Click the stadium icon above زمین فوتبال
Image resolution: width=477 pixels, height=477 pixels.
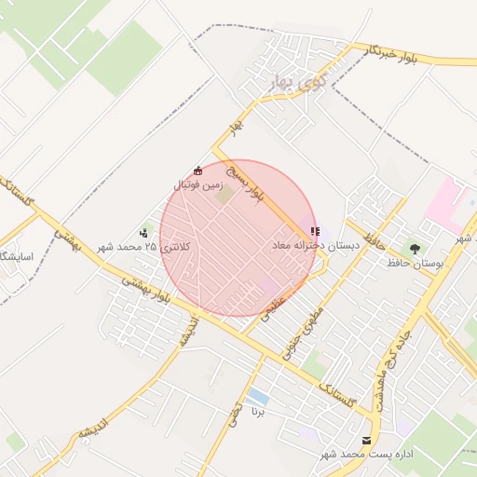coord(198,170)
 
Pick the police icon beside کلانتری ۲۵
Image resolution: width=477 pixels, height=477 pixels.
coord(143,233)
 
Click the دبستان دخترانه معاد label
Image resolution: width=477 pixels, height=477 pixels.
coord(315,245)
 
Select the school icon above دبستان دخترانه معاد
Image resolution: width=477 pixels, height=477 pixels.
coord(315,230)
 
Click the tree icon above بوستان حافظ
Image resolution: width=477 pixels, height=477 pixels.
coord(414,249)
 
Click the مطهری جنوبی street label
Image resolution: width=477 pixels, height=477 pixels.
coord(310,321)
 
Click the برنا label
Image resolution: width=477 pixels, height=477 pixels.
coord(259,411)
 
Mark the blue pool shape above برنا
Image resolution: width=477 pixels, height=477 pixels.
coord(258,398)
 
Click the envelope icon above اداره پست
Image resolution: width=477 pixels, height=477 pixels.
coord(365,439)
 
